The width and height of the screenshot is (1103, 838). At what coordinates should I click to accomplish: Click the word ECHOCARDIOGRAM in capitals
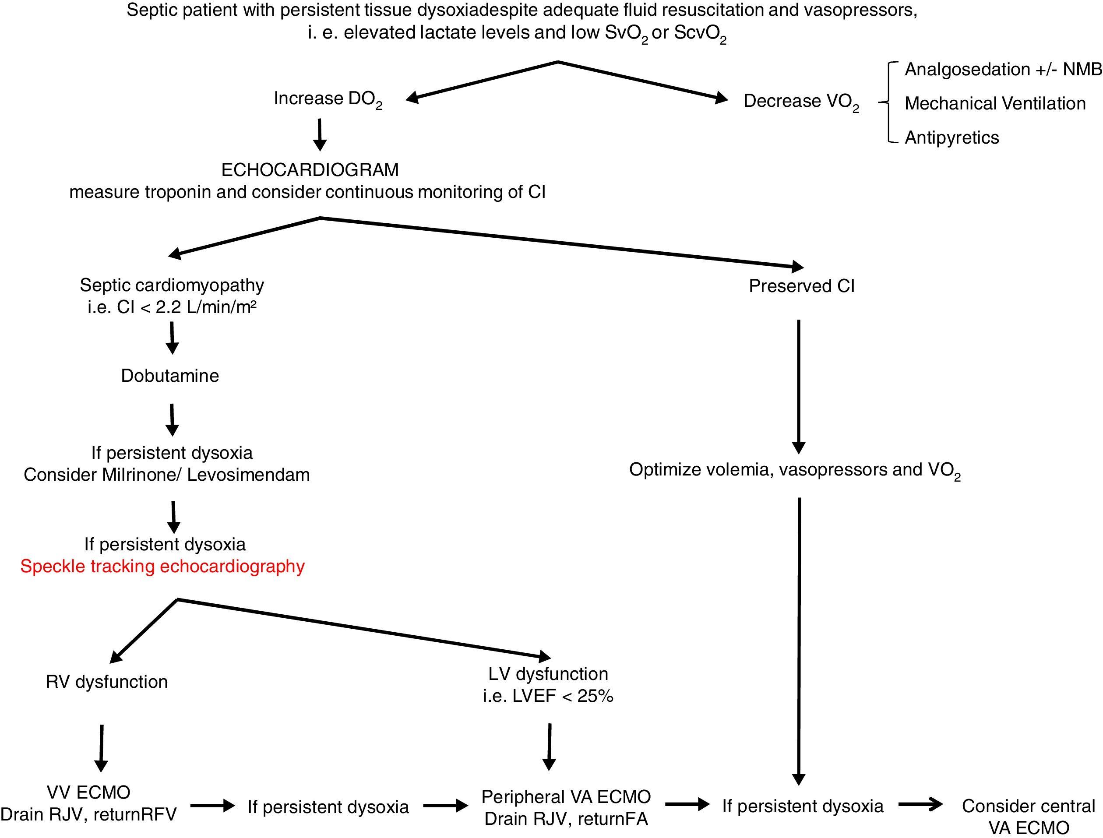coord(310,170)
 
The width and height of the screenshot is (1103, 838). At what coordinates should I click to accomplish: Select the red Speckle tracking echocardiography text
coord(162,566)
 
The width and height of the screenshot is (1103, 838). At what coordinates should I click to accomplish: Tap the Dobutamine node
coord(169,376)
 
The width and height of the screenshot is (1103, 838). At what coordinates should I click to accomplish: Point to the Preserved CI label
coord(801,286)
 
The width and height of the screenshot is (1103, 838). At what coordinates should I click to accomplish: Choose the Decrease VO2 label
coord(801,101)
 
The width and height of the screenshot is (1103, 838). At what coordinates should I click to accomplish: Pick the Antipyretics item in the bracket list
coord(951,137)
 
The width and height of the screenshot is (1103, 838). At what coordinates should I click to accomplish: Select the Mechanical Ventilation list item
coord(995,103)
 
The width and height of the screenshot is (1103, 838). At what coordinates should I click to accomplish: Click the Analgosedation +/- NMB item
coord(1003,69)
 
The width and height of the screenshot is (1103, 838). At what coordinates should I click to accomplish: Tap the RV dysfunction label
coord(107,682)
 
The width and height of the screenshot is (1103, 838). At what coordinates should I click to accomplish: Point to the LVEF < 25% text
coord(548,696)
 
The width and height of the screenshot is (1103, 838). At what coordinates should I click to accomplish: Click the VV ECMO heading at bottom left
coord(89,792)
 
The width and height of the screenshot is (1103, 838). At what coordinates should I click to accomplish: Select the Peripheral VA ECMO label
coord(566,796)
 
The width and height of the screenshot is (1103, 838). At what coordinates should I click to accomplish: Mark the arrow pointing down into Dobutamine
coord(172,338)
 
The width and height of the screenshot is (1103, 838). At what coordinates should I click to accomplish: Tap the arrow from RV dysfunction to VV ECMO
coord(101,748)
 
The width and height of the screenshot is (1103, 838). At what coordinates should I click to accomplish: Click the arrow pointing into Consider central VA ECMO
coord(920,805)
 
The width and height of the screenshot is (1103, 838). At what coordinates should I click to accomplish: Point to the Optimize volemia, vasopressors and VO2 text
coord(794,470)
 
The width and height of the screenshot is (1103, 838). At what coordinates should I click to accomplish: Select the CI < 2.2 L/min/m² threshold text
coord(172,307)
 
